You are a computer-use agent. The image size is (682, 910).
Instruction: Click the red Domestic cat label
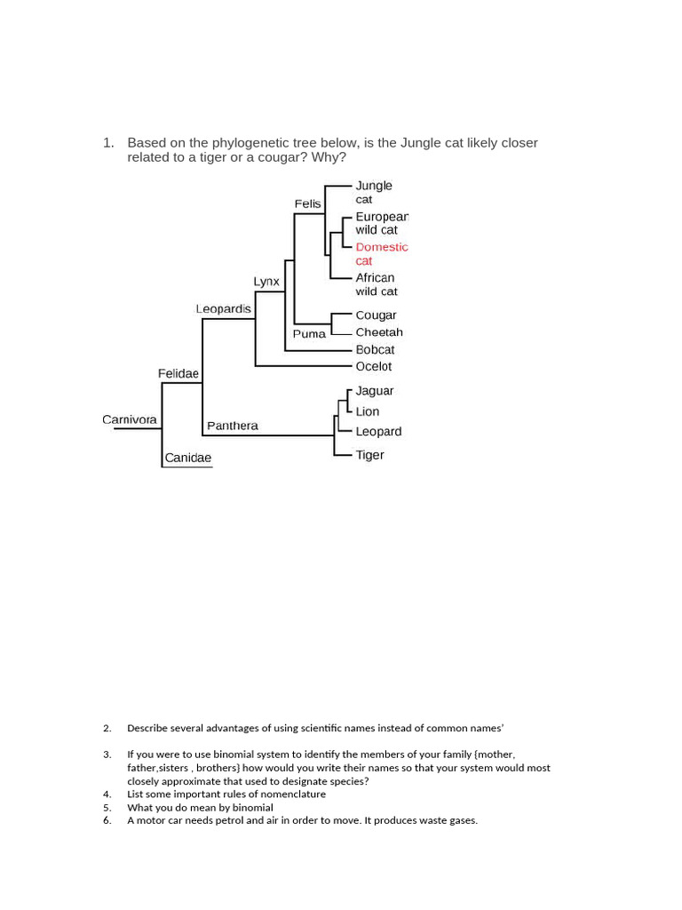click(381, 253)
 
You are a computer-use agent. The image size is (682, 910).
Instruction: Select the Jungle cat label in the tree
click(373, 192)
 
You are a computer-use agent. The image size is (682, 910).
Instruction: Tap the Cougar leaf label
click(376, 315)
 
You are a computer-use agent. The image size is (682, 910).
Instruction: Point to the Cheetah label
click(379, 332)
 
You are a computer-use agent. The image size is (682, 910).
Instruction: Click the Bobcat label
click(375, 349)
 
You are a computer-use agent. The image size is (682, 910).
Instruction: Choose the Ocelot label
click(373, 366)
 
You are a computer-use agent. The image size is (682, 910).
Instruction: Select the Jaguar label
click(374, 391)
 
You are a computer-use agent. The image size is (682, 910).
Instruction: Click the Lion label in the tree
click(367, 411)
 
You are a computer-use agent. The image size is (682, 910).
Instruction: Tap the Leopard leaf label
click(378, 432)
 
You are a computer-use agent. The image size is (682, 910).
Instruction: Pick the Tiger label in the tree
click(369, 455)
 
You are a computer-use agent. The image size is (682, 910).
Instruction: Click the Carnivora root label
click(130, 419)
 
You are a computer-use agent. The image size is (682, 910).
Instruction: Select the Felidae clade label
click(178, 374)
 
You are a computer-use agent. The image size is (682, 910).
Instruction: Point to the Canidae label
click(187, 459)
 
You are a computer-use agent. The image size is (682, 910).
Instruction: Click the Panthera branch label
click(233, 426)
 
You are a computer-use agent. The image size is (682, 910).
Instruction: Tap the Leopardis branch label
click(223, 309)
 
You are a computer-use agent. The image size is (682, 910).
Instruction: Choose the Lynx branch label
click(266, 282)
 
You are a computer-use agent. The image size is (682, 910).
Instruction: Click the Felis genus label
click(307, 204)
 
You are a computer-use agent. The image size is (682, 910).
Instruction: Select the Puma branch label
click(309, 334)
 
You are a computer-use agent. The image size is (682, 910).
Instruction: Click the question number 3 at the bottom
click(107, 754)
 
